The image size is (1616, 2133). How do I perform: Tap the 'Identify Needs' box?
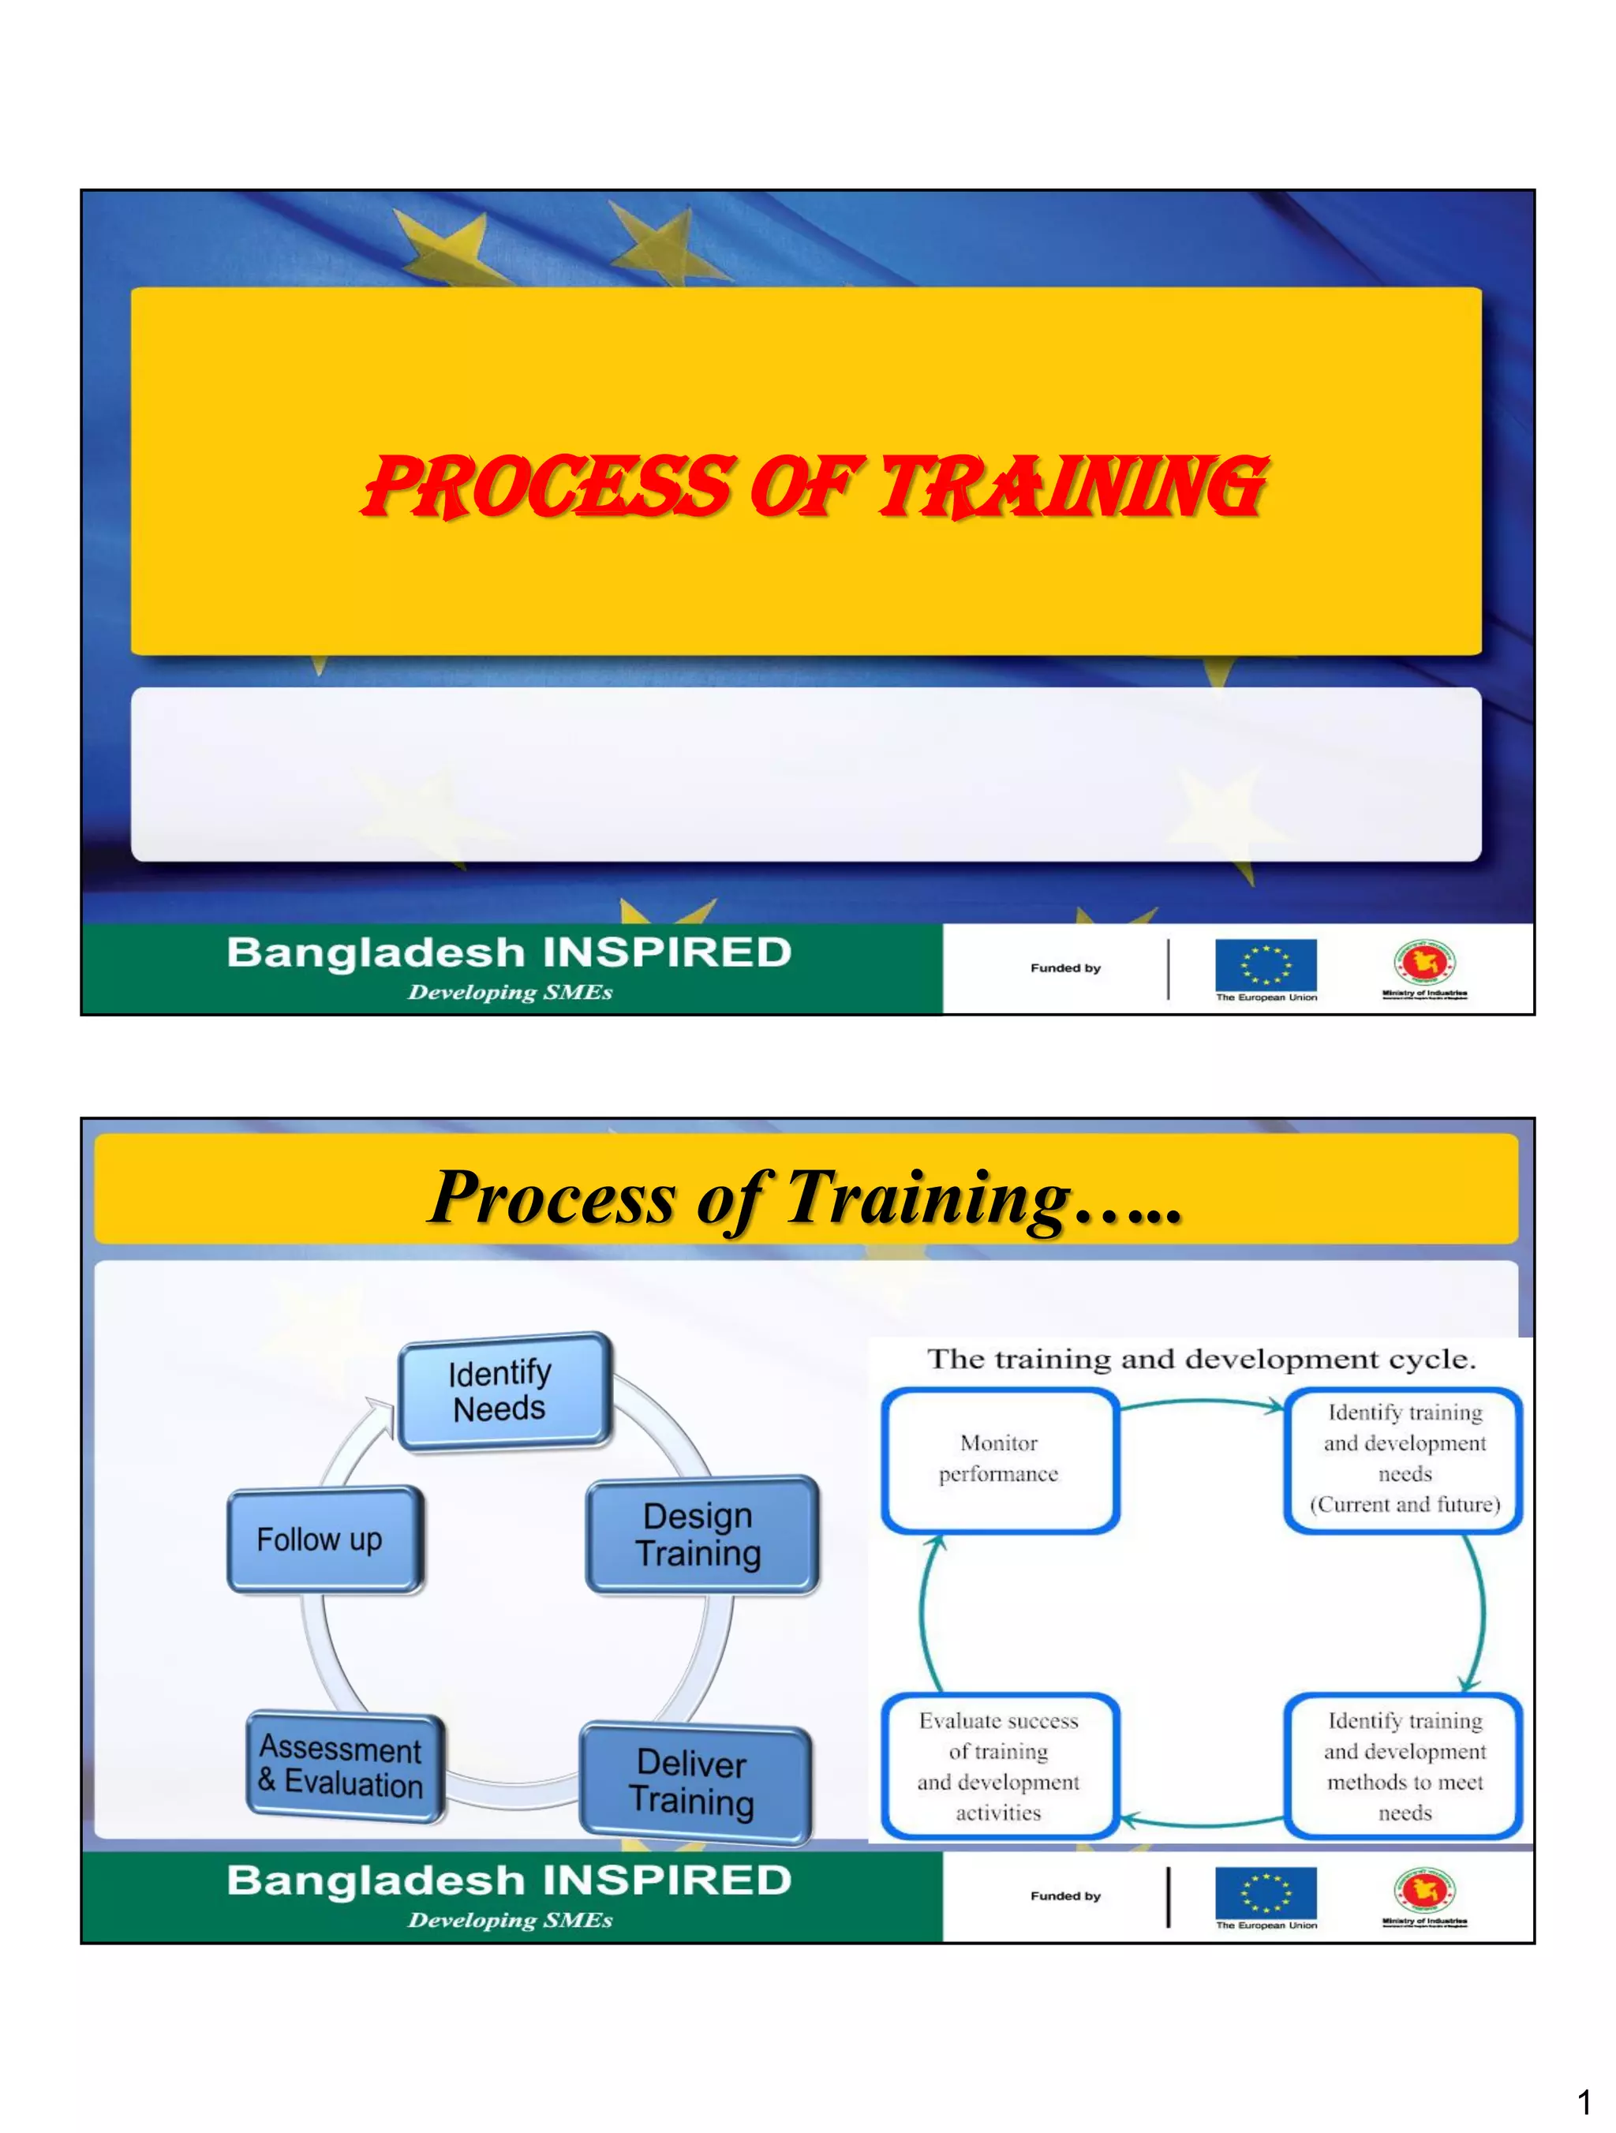pos(503,1390)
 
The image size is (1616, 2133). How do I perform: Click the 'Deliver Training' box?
pos(695,1782)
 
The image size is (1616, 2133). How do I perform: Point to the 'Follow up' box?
pos(324,1539)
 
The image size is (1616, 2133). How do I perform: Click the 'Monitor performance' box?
pos(999,1459)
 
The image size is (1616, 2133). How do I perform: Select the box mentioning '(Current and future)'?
pos(1404,1459)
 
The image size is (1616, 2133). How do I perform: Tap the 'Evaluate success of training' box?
pos(999,1765)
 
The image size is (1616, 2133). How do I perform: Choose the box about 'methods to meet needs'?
pos(1404,1765)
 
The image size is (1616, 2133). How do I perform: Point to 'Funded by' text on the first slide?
pos(1065,968)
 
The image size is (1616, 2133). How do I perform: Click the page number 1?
pos(1583,2101)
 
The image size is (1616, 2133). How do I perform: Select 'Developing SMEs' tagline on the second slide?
pos(510,1920)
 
